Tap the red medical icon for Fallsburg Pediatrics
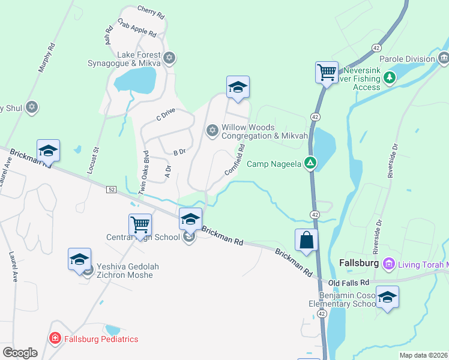pyautogui.click(x=55, y=339)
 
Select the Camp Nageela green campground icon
pyautogui.click(x=310, y=163)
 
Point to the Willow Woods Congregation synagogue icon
pyautogui.click(x=212, y=130)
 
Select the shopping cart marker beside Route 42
pyautogui.click(x=327, y=73)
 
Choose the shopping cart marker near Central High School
pyautogui.click(x=140, y=225)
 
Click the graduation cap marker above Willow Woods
pyautogui.click(x=238, y=87)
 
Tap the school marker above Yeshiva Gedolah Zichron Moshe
pyautogui.click(x=79, y=259)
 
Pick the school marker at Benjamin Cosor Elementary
pyautogui.click(x=387, y=297)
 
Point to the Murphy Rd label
pyautogui.click(x=46, y=58)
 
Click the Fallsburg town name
pyautogui.click(x=358, y=263)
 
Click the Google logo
pyautogui.click(x=20, y=353)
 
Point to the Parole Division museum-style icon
pyautogui.click(x=444, y=58)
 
